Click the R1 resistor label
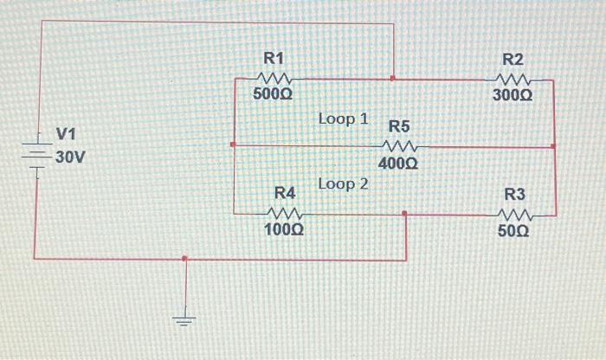274,58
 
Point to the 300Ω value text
513,94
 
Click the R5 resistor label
399,126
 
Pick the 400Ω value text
398,162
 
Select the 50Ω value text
514,232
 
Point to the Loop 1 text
344,118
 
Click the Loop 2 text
344,183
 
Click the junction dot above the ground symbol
184,258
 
